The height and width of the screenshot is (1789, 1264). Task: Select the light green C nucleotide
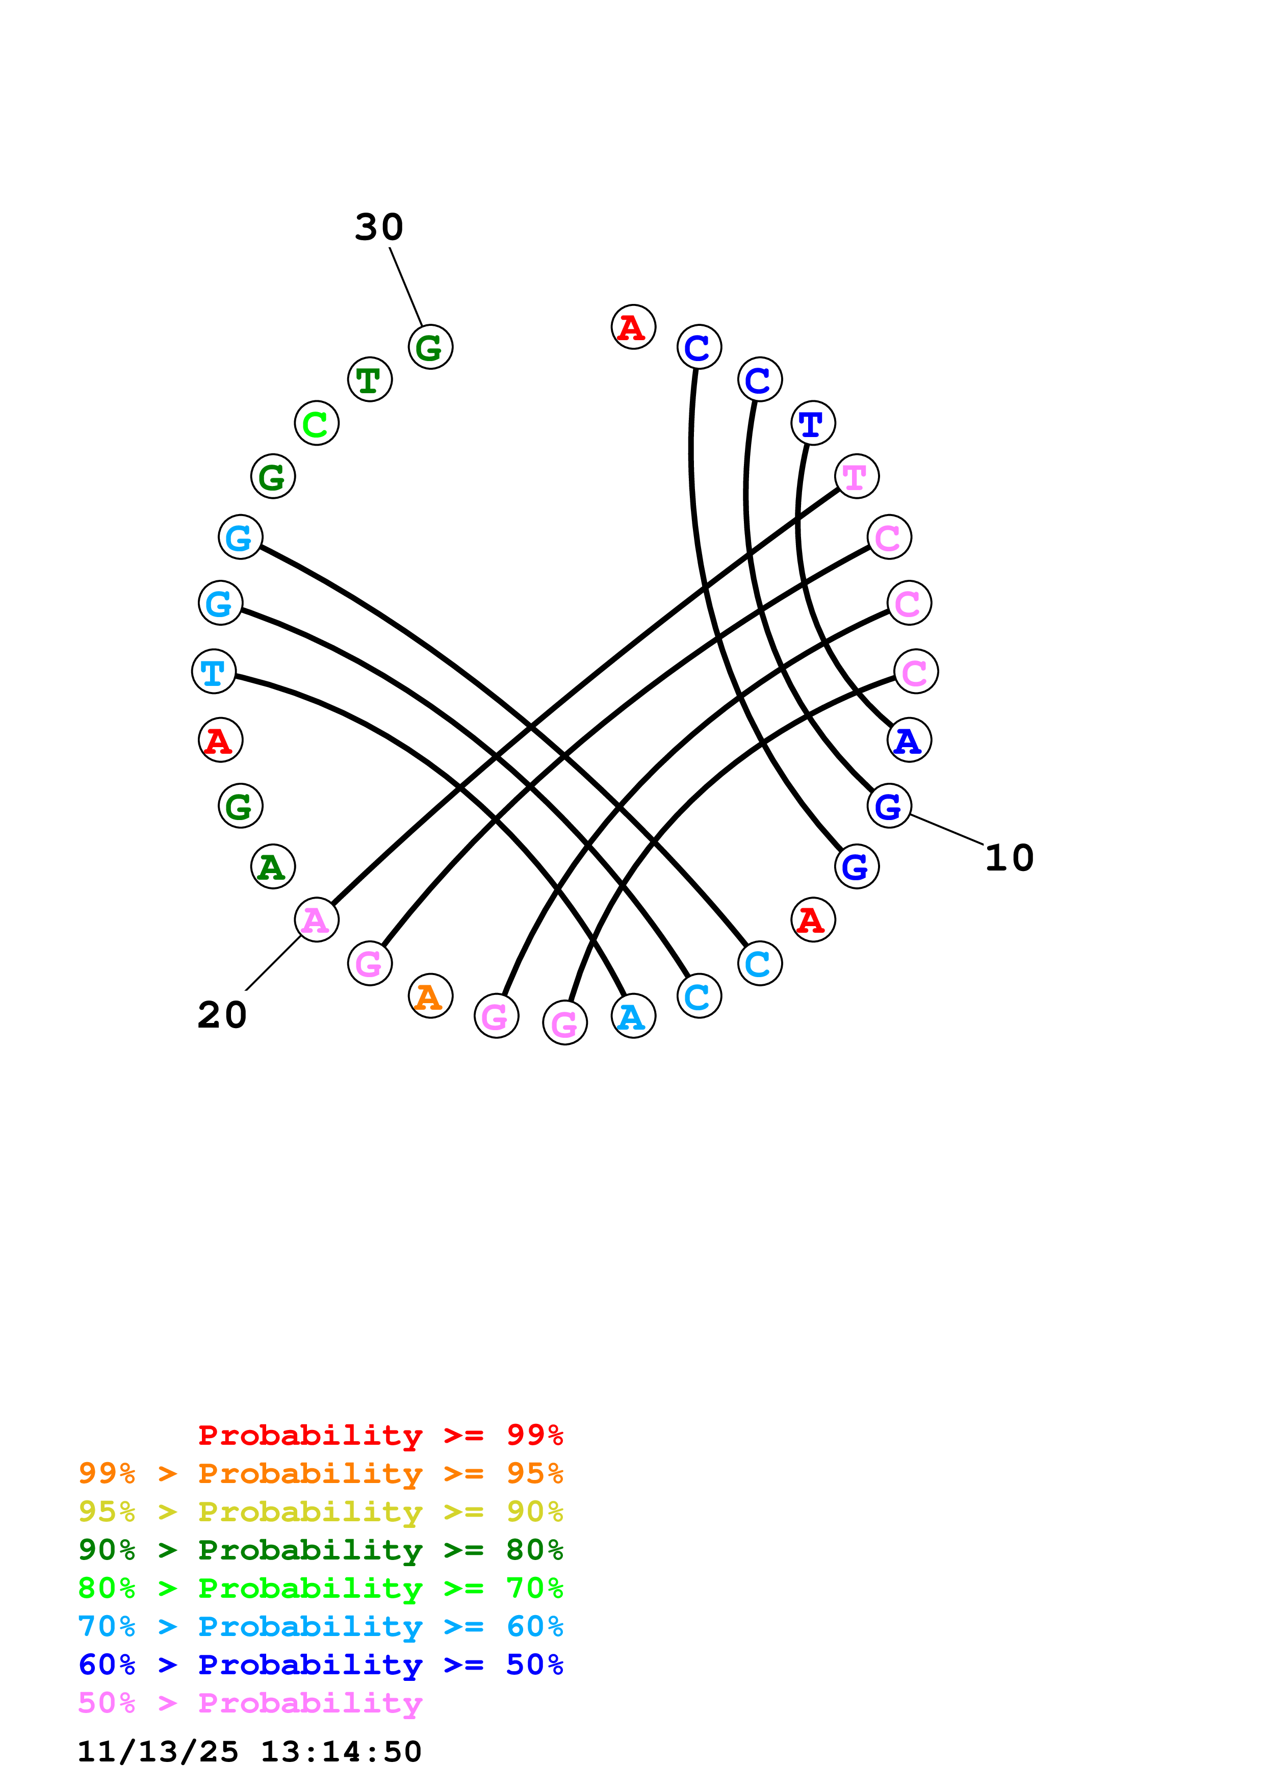click(x=316, y=423)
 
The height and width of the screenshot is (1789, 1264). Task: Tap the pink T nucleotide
click(x=856, y=476)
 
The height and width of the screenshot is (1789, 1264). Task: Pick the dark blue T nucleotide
click(x=812, y=423)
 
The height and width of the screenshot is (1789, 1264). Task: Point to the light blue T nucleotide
click(x=214, y=671)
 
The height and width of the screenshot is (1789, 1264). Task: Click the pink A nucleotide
click(x=316, y=919)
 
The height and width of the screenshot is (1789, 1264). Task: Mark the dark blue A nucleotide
click(x=909, y=739)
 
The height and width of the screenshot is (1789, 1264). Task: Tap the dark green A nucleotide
click(x=273, y=866)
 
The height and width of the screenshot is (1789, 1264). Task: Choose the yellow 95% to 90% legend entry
click(x=320, y=1511)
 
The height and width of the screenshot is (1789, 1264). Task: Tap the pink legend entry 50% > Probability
click(x=250, y=1702)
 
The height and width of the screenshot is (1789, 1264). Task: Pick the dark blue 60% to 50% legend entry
click(x=320, y=1665)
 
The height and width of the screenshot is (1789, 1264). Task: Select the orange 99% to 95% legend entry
click(x=320, y=1473)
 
